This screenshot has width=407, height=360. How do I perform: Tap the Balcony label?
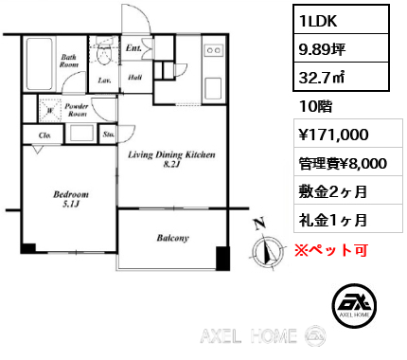(x=173, y=238)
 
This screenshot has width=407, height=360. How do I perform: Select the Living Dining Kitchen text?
(x=171, y=154)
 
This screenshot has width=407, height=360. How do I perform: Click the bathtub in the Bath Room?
(x=40, y=64)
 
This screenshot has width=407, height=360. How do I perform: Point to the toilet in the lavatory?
(x=104, y=54)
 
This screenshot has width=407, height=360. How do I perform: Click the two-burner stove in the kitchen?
(x=214, y=50)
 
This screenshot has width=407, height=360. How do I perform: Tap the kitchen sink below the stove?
(x=213, y=89)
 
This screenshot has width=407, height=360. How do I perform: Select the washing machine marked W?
(x=50, y=110)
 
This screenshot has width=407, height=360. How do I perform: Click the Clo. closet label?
(x=44, y=135)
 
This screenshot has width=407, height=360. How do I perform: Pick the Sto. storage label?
(x=109, y=135)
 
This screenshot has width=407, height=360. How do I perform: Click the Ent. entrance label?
(x=133, y=48)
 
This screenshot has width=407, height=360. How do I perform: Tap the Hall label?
(x=134, y=77)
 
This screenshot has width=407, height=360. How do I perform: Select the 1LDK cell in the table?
(x=341, y=20)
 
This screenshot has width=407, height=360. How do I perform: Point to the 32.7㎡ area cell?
(x=341, y=77)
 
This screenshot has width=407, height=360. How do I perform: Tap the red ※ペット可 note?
(x=331, y=250)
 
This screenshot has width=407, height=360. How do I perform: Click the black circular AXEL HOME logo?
(x=354, y=305)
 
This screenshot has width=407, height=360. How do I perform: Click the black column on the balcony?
(x=222, y=259)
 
